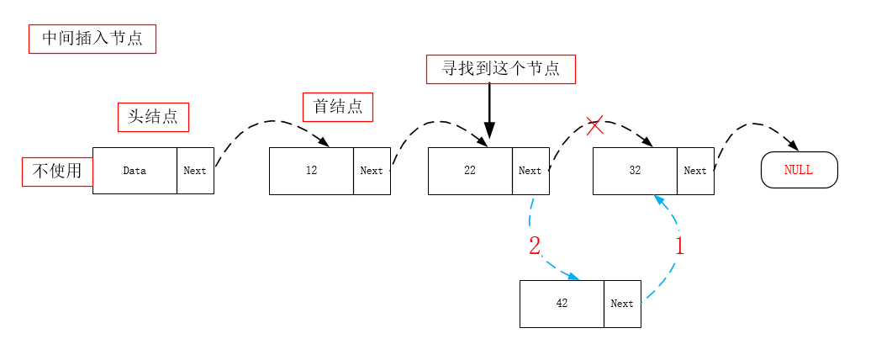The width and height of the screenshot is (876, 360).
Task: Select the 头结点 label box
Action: pos(153,117)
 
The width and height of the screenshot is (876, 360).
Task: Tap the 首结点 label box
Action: pos(337,107)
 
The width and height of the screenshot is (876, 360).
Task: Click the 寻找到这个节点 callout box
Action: pos(500,69)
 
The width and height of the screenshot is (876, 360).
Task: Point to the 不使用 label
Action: pos(57,172)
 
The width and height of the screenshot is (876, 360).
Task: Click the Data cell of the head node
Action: pos(135,171)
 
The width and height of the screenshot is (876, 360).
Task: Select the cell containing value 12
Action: pos(311,171)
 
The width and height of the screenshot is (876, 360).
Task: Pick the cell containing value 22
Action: pos(470,171)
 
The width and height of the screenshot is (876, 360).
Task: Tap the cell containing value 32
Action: pos(635,171)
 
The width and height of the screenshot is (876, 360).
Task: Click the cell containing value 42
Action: pos(562,304)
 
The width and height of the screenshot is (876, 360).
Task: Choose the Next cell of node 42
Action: pos(622,304)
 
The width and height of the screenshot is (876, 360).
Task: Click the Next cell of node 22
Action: pos(530,171)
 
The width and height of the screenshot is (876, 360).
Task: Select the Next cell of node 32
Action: pos(695,171)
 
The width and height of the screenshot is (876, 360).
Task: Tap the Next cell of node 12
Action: pos(372,171)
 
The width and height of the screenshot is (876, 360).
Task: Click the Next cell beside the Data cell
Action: pos(195,171)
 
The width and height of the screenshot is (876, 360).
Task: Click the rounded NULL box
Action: pos(799,170)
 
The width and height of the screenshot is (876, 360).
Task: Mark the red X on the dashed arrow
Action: pos(594,127)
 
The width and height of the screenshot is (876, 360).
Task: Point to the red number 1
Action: pos(680,246)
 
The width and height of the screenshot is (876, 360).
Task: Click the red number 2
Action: pos(535,246)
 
